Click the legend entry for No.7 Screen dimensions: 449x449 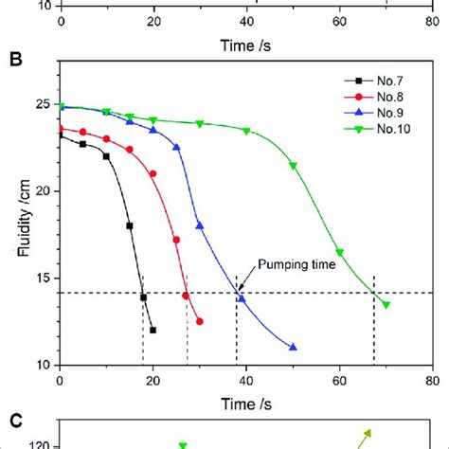click(374, 81)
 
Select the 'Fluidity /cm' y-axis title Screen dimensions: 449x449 click(18, 214)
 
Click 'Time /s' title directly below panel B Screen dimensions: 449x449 click(246, 398)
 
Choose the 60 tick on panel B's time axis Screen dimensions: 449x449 click(339, 378)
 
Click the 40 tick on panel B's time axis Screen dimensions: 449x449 click(246, 378)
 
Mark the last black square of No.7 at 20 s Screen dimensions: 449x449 click(153, 330)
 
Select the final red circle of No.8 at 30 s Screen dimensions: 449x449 click(200, 321)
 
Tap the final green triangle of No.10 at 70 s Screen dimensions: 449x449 click(386, 304)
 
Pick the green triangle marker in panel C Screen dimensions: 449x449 click(184, 444)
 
